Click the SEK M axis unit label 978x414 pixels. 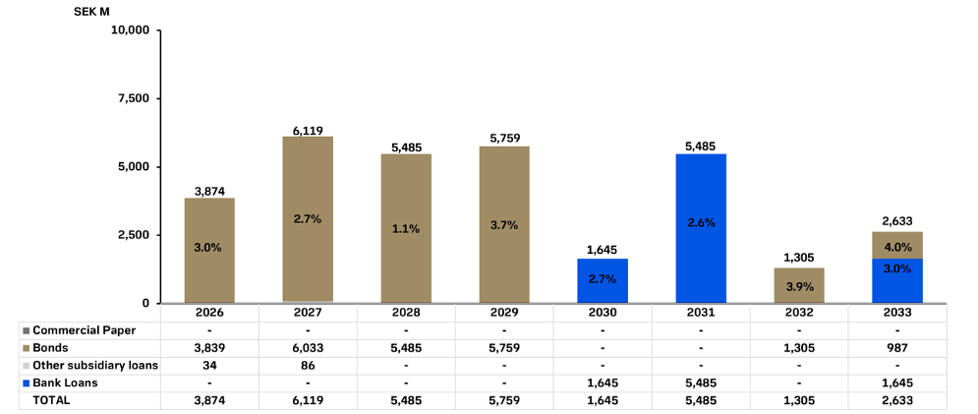coord(91,11)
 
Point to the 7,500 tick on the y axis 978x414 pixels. coord(130,98)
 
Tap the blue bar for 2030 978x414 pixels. coord(603,280)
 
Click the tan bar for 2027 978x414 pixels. coord(308,218)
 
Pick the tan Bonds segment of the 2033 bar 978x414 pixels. coord(897,245)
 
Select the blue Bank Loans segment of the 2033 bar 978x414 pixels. coord(897,280)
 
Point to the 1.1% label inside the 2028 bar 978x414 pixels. coord(406,228)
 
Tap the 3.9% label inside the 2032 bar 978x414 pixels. coord(799,286)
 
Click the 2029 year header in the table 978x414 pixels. coord(504,313)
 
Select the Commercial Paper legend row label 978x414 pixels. coord(84,330)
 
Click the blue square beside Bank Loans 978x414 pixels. coord(26,383)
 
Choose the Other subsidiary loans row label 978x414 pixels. coord(95,365)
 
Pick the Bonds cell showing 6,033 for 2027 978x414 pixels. coord(308,347)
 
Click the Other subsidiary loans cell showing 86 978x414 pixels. coord(308,365)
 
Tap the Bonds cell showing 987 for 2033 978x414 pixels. coord(897,347)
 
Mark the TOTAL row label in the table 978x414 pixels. coord(52,400)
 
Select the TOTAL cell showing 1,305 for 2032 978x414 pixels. coord(799,400)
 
